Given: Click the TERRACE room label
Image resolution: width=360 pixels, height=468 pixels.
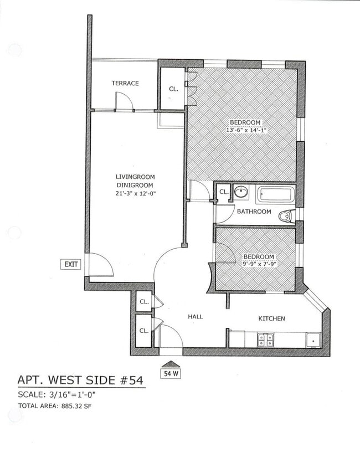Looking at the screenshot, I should [x=125, y=83].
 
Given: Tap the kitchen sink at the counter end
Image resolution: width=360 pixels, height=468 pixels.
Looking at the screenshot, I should [x=313, y=339].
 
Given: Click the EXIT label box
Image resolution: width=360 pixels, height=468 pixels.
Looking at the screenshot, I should [x=71, y=264].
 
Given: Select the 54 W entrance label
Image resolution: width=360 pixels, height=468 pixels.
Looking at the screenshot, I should [x=171, y=373].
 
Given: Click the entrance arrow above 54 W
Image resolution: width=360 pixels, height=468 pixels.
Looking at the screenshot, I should [x=171, y=364].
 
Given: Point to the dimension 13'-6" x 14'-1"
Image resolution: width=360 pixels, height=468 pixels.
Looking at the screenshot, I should [x=246, y=131].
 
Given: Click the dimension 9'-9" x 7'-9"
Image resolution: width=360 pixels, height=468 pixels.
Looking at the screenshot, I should [x=259, y=265].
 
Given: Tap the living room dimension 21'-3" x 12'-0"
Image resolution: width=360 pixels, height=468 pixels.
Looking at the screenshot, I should [x=135, y=193].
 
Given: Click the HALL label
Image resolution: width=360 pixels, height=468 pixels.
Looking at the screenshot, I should [x=195, y=317].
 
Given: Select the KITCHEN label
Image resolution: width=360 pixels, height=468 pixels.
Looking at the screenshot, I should [x=272, y=318].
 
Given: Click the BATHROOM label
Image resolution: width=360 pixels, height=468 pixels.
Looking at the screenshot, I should [x=254, y=212].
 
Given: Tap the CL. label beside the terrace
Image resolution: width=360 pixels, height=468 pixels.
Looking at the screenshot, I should [x=173, y=89].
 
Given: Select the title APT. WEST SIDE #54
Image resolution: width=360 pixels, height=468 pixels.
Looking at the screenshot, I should [x=81, y=380].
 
